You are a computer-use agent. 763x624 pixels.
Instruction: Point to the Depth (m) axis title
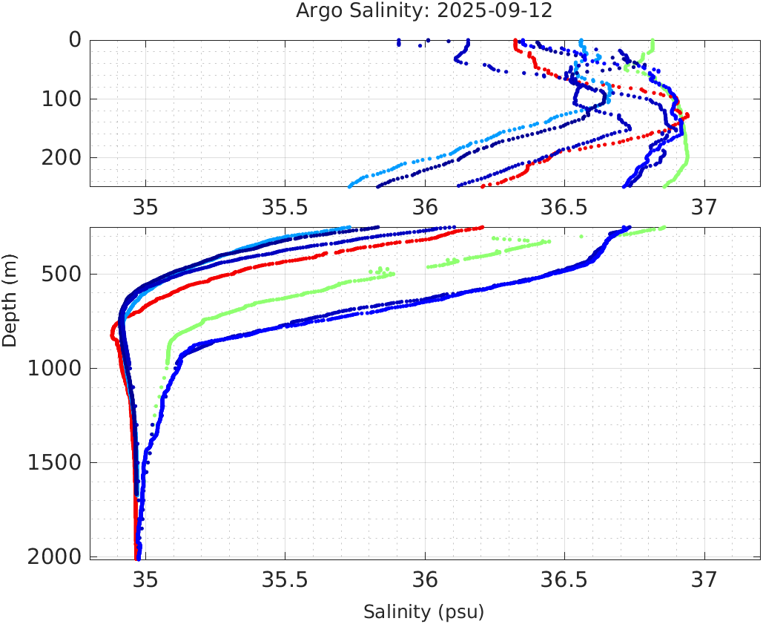tap(10, 298)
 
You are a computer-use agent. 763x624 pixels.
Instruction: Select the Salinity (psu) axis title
tap(423, 612)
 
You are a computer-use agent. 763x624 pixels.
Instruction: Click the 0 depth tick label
tap(75, 40)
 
